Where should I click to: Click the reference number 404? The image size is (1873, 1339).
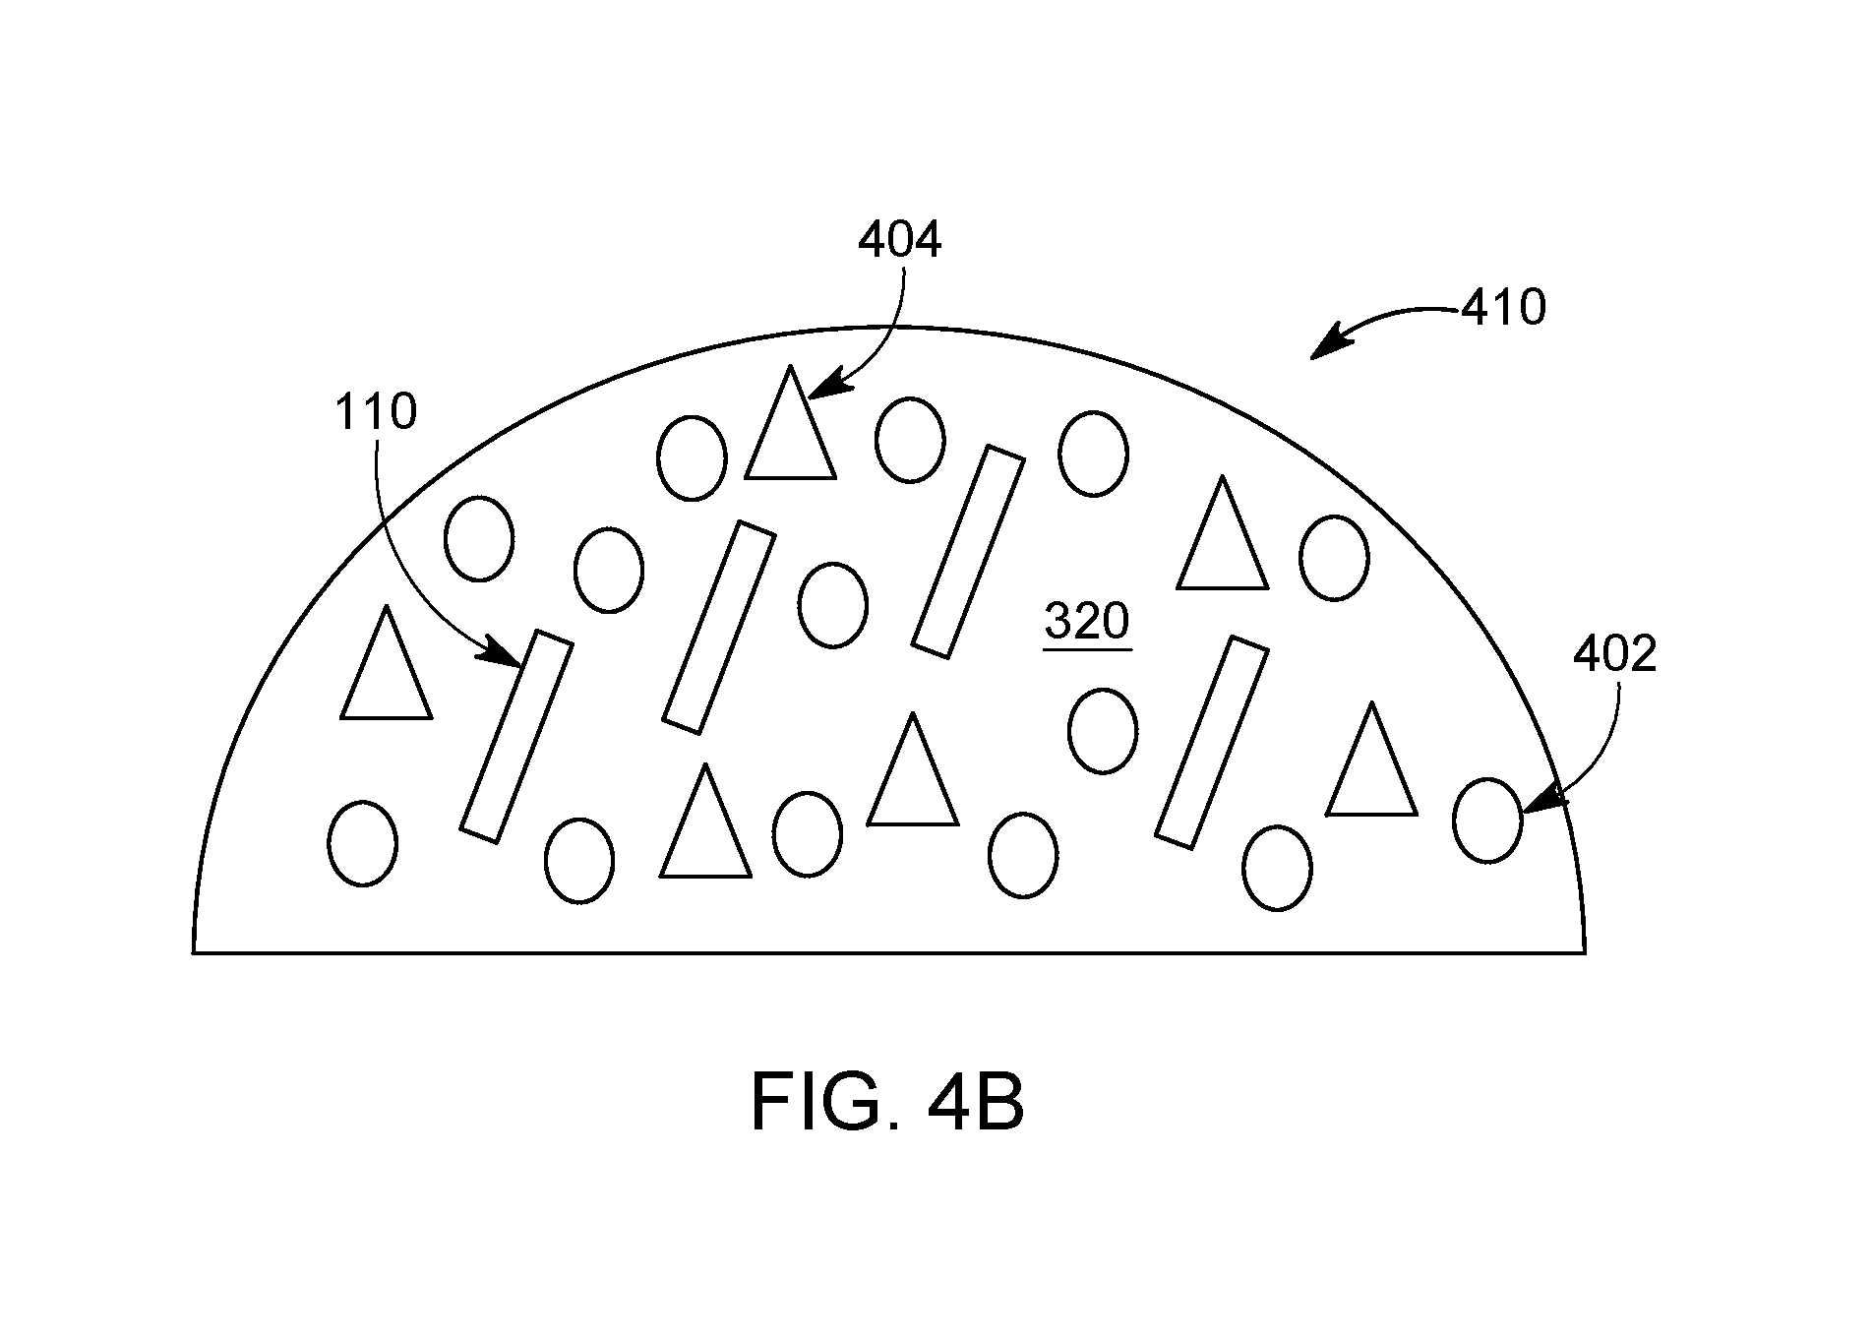pos(900,240)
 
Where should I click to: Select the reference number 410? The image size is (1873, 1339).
pos(1504,308)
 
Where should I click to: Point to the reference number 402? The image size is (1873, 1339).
pos(1615,654)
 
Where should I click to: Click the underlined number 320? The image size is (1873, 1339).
pos(1087,623)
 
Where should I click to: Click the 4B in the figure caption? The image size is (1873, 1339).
pos(975,1104)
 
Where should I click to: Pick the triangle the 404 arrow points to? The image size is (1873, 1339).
pos(791,425)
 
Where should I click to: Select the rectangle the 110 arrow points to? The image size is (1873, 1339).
pos(516,736)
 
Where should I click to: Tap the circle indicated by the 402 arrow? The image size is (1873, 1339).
pos(1487,821)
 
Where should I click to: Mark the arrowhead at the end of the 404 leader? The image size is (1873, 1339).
pos(819,387)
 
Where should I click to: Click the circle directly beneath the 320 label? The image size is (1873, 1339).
pos(1103,731)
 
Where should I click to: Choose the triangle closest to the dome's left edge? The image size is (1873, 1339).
pos(387,664)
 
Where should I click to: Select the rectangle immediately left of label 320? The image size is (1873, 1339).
pos(969,552)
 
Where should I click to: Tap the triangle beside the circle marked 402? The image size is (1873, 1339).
pos(1372,761)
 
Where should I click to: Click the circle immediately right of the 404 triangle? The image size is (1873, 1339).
pos(910,440)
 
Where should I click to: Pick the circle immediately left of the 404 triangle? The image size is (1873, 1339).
pos(693,457)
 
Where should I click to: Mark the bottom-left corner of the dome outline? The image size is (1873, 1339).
pos(193,952)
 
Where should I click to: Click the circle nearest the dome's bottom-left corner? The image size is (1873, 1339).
pos(362,843)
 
